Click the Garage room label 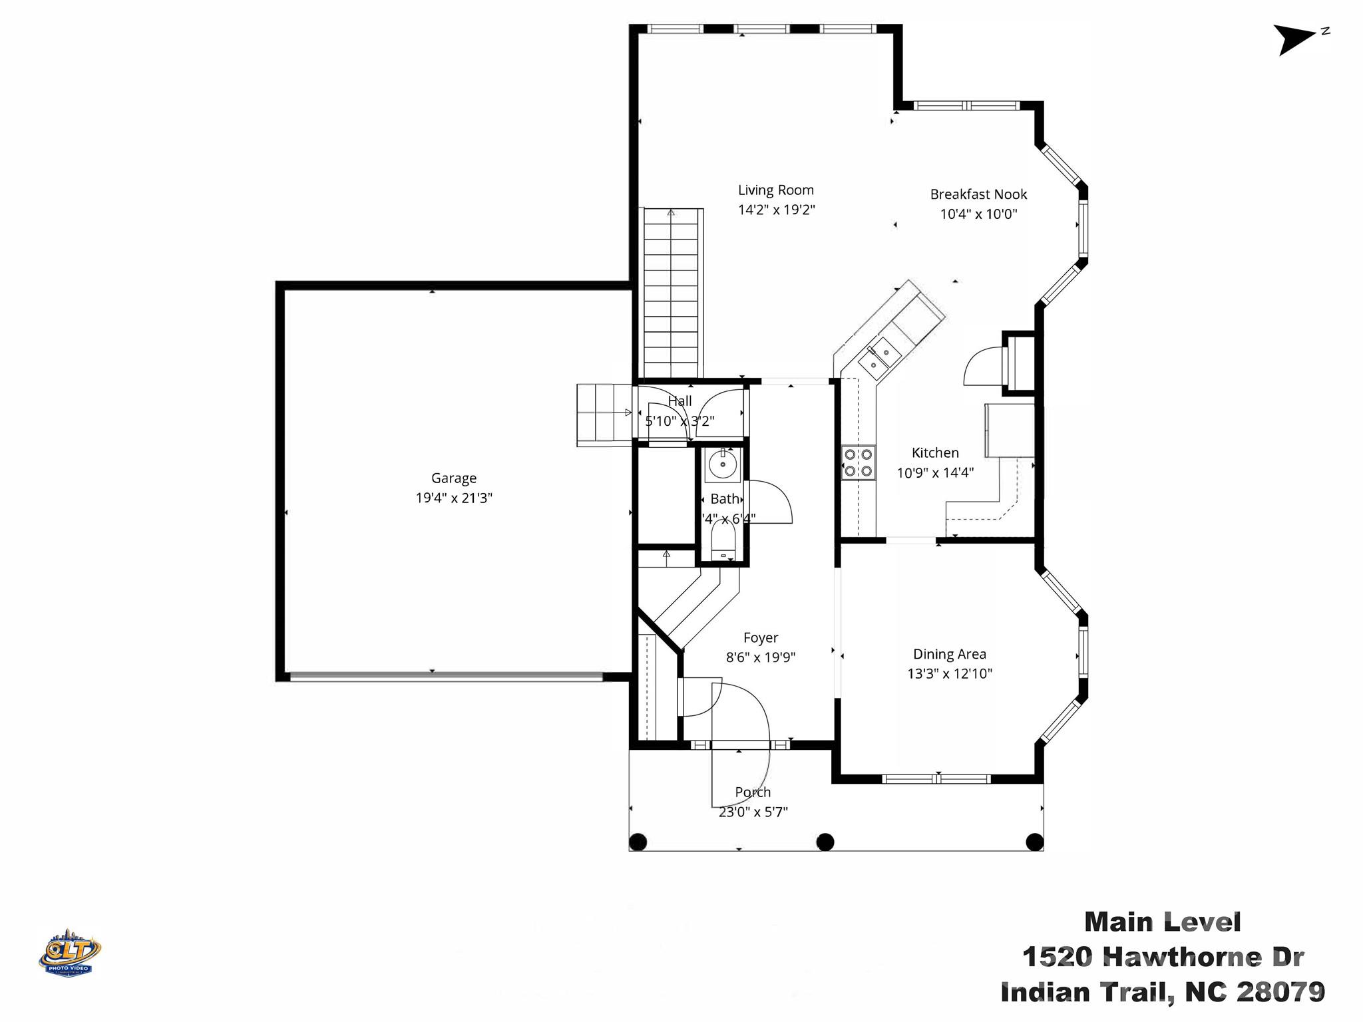[454, 478]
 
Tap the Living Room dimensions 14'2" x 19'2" [776, 210]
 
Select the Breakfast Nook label [978, 194]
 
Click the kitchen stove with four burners [858, 462]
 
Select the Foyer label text [761, 637]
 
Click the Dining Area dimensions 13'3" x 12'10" [950, 673]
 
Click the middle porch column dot [825, 842]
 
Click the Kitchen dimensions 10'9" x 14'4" [935, 472]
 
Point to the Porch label [753, 792]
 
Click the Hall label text [680, 401]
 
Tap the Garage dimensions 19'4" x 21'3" [454, 498]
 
